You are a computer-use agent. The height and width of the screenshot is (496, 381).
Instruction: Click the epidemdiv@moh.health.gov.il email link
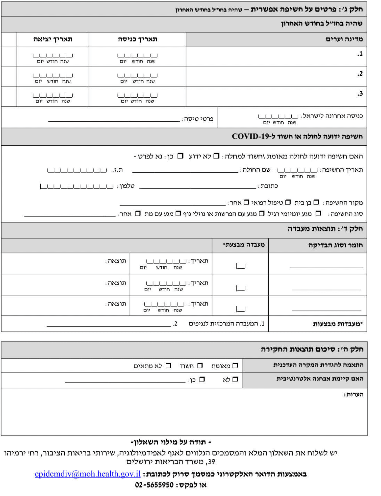[x=88, y=474]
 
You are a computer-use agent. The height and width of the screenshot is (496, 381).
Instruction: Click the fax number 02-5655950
[x=154, y=485]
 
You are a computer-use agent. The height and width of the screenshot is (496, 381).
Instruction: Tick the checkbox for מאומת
[x=235, y=365]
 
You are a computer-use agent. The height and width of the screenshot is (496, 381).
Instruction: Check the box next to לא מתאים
[x=168, y=365]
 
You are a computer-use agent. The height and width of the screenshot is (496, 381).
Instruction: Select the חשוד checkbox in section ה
[x=200, y=365]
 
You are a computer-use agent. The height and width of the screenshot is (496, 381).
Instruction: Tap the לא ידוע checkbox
[x=216, y=156]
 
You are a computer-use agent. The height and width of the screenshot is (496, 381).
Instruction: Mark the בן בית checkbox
[x=316, y=202]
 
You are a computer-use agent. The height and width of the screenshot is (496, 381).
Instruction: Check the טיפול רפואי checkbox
[x=288, y=202]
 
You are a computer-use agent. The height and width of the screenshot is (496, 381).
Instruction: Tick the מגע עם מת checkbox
[x=178, y=214]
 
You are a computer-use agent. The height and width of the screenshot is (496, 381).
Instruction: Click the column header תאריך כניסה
[x=137, y=39]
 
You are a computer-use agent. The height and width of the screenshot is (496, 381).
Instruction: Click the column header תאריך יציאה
[x=53, y=39]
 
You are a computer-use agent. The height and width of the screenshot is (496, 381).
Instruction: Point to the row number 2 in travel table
[x=360, y=74]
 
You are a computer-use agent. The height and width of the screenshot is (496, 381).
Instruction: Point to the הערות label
[x=353, y=394]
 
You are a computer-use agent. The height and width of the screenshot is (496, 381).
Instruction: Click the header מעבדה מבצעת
[x=244, y=245]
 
